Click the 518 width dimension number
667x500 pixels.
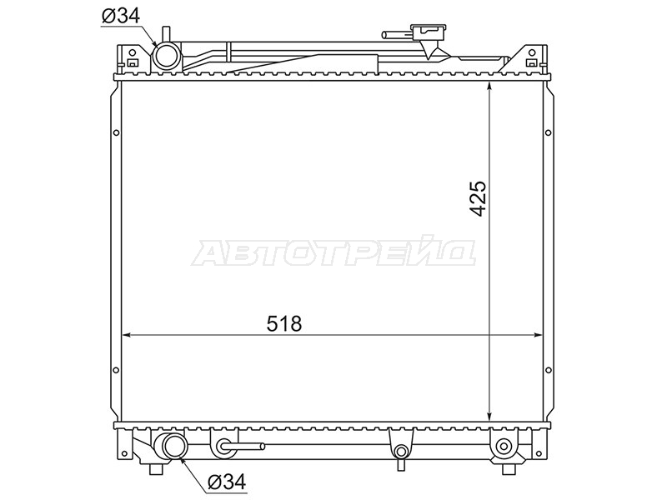283,324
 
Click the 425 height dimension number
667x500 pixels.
479,199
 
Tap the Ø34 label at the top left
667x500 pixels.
121,16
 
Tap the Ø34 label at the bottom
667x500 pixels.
227,482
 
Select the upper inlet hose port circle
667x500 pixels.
166,56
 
